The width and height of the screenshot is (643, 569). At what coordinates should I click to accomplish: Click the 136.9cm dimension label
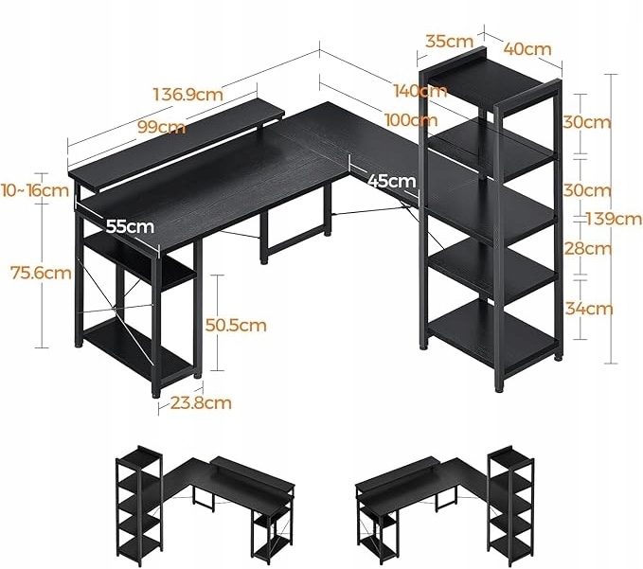188,95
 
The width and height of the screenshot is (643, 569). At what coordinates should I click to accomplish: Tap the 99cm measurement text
159,127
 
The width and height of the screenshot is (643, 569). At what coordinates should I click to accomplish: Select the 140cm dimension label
420,91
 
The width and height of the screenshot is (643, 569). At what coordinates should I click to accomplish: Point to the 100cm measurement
411,120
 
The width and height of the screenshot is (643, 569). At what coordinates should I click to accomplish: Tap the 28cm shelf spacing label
586,249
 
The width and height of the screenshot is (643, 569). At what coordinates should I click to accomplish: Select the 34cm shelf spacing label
586,309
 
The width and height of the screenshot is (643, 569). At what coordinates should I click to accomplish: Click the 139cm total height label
614,219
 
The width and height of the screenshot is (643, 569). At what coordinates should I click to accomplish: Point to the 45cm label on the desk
390,180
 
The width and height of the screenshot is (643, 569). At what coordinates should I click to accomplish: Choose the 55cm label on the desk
130,226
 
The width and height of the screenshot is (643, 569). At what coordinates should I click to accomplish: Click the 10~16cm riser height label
36,189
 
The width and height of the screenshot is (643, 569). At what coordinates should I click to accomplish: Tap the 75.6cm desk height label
40,274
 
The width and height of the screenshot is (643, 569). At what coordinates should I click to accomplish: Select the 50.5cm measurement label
236,325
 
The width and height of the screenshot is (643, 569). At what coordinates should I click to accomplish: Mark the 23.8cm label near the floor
203,402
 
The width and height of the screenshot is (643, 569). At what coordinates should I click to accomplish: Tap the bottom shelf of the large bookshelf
491,329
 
